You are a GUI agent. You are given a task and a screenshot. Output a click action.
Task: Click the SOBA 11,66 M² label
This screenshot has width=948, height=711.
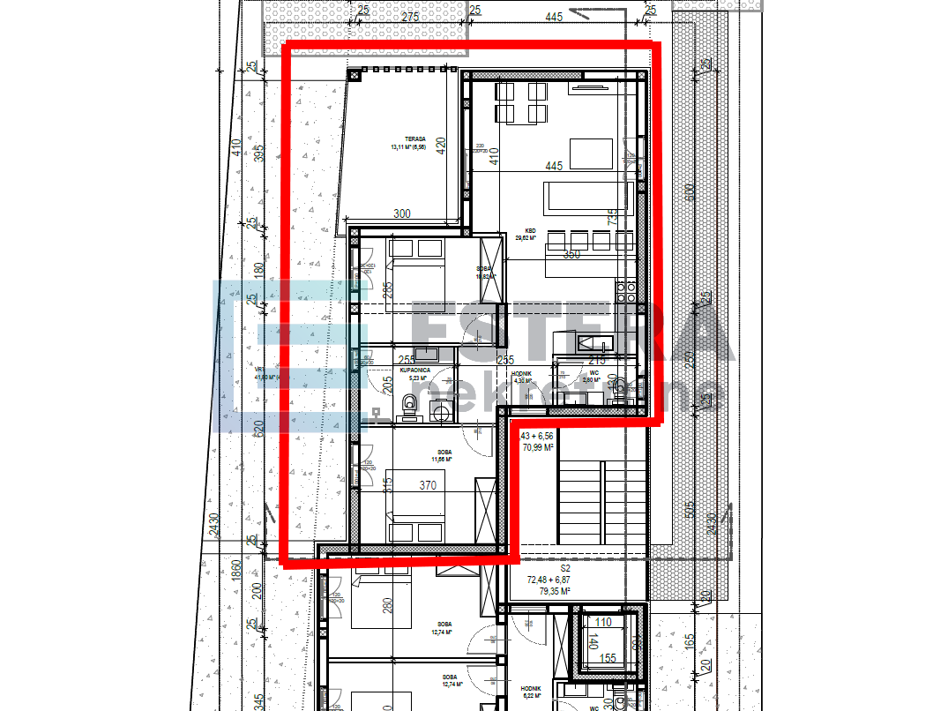pos(442,455)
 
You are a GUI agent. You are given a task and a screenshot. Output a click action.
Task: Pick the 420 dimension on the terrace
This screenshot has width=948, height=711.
pos(441,145)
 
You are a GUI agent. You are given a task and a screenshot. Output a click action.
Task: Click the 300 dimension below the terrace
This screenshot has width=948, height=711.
pos(401,213)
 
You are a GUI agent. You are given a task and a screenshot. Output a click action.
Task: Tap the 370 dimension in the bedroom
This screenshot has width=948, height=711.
pos(429,485)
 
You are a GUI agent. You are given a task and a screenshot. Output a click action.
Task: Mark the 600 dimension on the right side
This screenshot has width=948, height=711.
pos(690,191)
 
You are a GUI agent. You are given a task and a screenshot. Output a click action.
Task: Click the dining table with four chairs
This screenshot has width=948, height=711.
pos(520,101)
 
